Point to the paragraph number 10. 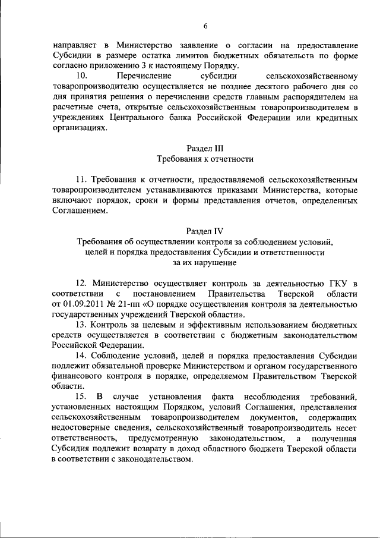click(x=83, y=76)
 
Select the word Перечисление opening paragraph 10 click(x=144, y=76)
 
